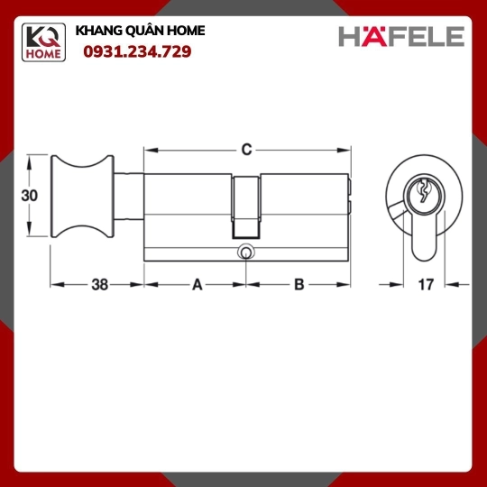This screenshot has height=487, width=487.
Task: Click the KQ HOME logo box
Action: pos(43,42)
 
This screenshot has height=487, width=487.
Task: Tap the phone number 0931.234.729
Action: pos(137,51)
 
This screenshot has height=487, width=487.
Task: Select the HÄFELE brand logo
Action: pos(401,36)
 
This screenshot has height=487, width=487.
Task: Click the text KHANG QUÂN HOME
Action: pos(140,31)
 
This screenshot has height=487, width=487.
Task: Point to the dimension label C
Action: pos(246,150)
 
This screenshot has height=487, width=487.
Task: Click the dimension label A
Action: pos(198,284)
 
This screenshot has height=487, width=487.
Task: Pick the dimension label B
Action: pos(299,284)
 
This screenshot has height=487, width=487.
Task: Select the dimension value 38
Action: pos(100,284)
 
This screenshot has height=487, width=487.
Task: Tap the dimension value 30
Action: pos(29,196)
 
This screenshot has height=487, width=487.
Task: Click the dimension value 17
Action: pos(426,284)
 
